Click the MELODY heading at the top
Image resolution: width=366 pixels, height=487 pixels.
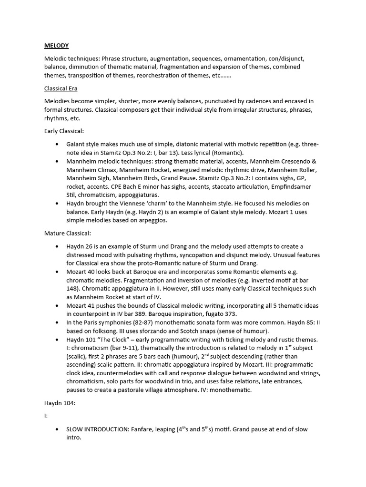pyautogui.click(x=56, y=46)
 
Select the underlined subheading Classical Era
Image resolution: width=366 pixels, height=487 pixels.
pyautogui.click(x=61, y=88)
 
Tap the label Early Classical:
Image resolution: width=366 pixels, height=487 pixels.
pyautogui.click(x=64, y=131)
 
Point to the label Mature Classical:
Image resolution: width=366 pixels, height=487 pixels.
pyautogui.click(x=67, y=233)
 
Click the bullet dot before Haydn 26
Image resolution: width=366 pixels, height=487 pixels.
pyautogui.click(x=57, y=246)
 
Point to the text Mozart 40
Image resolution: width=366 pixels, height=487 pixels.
pyautogui.click(x=82, y=272)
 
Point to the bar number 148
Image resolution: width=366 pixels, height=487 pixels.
pyautogui.click(x=75, y=289)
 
